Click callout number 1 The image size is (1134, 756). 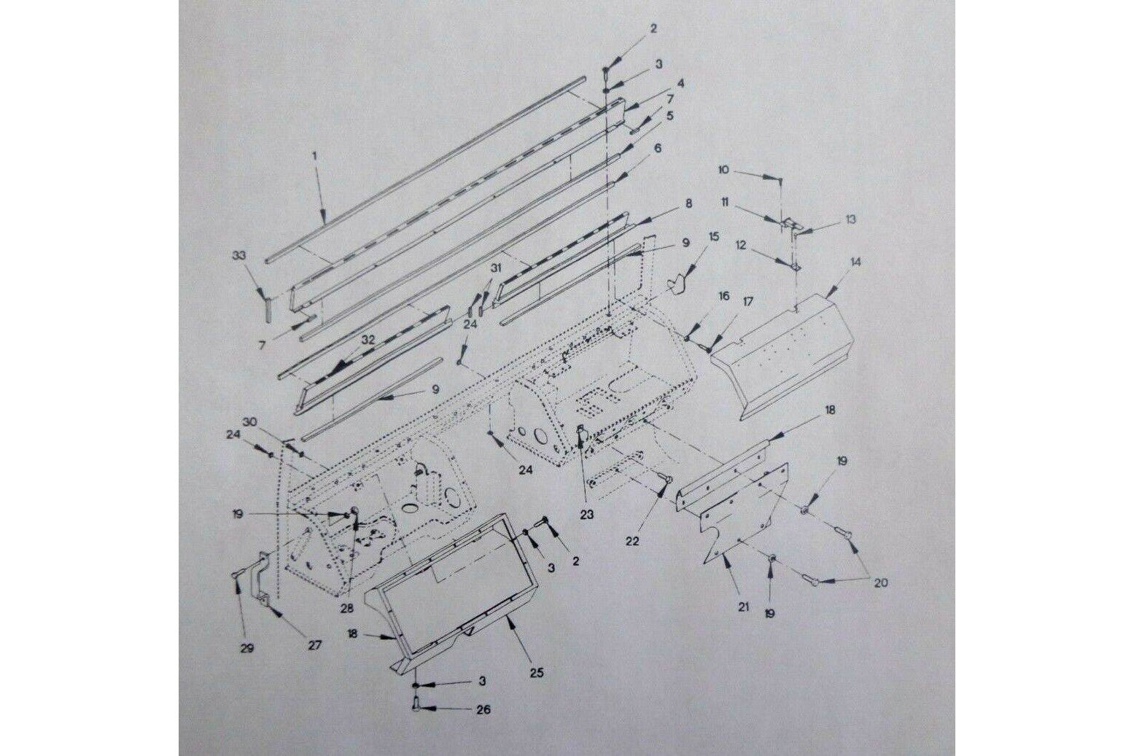point(314,156)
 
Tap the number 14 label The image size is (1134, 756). point(855,262)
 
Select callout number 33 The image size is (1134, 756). point(238,255)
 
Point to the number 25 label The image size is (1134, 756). point(537,672)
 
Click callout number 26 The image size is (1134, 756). point(483,709)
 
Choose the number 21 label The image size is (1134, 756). point(742,607)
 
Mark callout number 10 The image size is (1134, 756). point(723,170)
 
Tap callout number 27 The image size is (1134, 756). point(314,645)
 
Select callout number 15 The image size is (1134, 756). point(713,236)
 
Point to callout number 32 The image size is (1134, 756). point(368,340)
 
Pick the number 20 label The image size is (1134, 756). point(880,583)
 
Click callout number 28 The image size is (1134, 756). point(347,609)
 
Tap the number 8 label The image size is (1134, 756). point(688,203)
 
